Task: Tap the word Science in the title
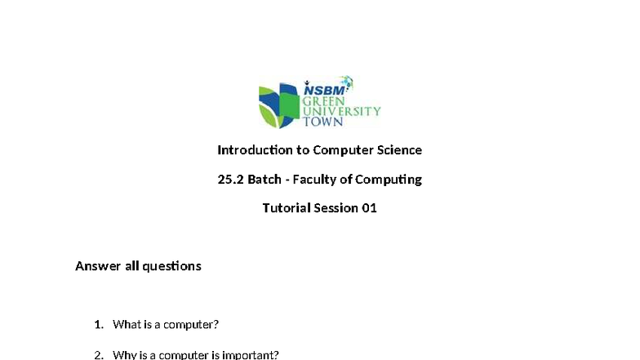pos(399,150)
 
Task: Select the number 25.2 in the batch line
pos(230,180)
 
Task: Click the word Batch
pos(264,180)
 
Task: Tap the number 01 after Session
pos(369,208)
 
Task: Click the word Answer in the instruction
pos(98,266)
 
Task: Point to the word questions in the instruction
pos(171,266)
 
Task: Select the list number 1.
pos(98,325)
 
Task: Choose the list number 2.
pos(98,355)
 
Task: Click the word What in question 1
pos(127,325)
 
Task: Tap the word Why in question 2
pos(125,355)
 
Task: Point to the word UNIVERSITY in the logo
pos(341,111)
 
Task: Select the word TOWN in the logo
pos(323,122)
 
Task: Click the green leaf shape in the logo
pos(270,118)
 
